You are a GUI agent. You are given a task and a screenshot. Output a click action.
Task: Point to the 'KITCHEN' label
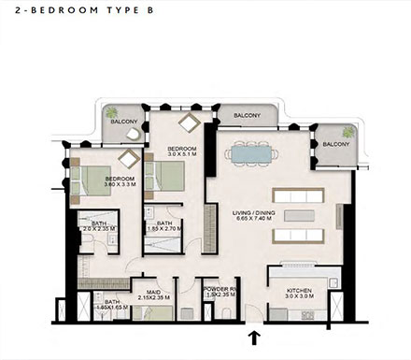pyautogui.click(x=299, y=292)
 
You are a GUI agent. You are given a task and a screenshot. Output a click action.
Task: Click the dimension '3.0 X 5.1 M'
pyautogui.click(x=181, y=156)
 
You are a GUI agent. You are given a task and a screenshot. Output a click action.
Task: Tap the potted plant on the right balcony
pyautogui.click(x=347, y=132)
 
